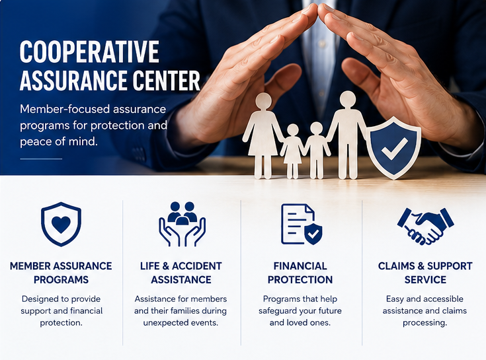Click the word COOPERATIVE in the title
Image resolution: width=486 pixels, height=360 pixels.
[89, 52]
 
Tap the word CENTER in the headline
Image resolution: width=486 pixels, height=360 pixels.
[166, 80]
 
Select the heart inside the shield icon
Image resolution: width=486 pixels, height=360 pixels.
[61, 224]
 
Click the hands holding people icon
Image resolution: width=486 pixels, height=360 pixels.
[182, 224]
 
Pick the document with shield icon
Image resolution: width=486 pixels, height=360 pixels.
[302, 224]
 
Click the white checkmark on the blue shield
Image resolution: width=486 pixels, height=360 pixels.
[394, 148]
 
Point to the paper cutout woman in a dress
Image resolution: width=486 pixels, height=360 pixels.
[263, 135]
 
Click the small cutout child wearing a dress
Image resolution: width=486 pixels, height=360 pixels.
[292, 151]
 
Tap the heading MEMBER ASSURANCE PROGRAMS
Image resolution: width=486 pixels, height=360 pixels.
[61, 273]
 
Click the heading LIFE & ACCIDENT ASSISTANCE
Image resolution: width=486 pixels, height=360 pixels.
[181, 273]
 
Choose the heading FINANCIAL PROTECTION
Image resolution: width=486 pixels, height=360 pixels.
[300, 273]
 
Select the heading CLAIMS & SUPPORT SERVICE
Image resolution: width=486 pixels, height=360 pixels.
[425, 273]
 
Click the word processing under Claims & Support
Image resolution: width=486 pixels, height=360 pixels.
[425, 323]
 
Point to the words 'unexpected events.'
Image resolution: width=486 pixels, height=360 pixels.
[181, 322]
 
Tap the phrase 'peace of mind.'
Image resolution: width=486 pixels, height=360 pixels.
[59, 141]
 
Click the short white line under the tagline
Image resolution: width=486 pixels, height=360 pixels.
[41, 159]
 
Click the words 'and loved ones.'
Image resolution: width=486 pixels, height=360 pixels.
[300, 322]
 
